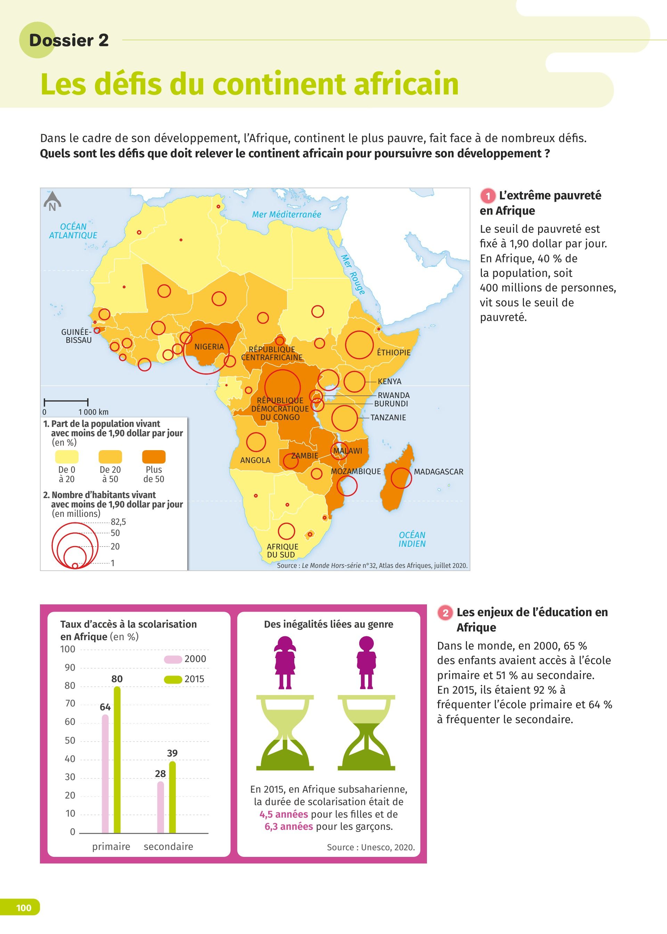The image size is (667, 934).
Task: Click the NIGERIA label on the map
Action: click(x=209, y=347)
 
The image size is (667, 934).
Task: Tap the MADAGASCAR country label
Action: click(x=438, y=472)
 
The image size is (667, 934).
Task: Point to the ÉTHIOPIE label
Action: click(x=394, y=352)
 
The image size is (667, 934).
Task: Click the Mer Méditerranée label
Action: click(x=286, y=214)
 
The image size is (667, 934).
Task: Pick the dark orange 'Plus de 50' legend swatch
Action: click(x=154, y=456)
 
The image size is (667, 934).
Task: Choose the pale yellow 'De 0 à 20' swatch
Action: click(x=67, y=456)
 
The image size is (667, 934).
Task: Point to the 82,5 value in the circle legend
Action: click(x=118, y=522)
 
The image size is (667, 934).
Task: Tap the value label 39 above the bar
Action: click(x=172, y=753)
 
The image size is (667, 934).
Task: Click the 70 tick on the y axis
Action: click(x=70, y=703)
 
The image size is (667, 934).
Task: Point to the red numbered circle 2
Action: click(x=445, y=613)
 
